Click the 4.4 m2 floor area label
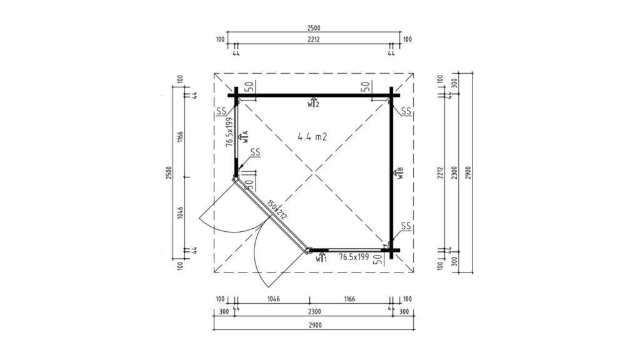313,137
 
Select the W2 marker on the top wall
313,103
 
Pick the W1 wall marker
321,257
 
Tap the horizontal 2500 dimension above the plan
314,28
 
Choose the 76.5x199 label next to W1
354,257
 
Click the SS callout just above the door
255,152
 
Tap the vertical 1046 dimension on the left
180,214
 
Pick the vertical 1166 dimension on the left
180,136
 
